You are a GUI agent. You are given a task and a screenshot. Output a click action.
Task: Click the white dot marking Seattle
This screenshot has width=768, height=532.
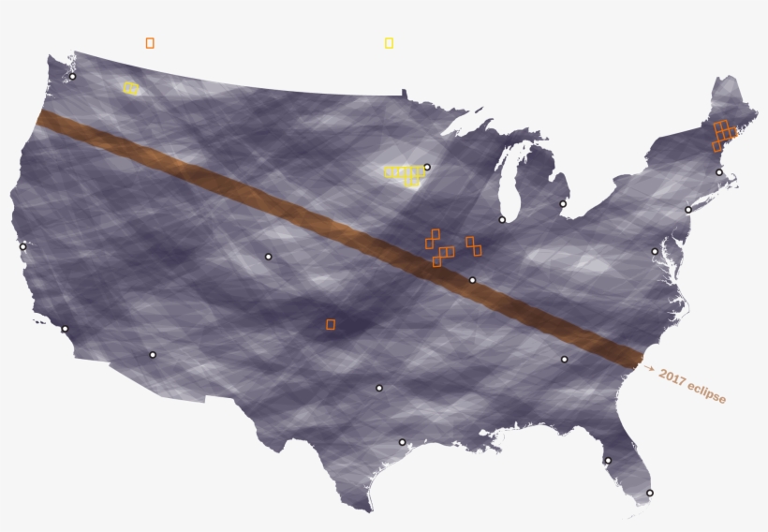point(72,77)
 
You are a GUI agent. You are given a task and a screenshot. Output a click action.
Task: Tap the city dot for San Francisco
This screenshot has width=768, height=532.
point(23,247)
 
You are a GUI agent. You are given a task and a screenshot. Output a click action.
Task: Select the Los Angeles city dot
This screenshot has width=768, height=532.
point(65,329)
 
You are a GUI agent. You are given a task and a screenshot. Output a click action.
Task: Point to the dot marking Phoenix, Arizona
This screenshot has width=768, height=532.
point(153,355)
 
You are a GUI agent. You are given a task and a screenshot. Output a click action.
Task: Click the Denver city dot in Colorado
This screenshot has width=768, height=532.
point(268,257)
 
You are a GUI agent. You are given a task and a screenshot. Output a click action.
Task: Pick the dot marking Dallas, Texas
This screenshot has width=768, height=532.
point(379,388)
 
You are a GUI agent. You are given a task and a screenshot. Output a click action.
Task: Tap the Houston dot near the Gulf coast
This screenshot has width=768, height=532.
point(402,442)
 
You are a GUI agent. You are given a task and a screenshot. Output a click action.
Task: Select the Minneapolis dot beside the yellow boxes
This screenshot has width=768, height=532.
point(427,168)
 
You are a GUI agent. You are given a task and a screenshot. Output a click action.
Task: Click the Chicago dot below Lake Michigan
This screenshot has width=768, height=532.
point(502,220)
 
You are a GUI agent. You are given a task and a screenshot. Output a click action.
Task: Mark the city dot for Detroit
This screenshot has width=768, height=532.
point(563,204)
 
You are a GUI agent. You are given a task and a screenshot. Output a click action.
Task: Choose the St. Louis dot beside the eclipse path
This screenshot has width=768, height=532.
point(472,280)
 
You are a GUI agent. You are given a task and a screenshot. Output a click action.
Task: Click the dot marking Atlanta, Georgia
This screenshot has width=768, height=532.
point(564,359)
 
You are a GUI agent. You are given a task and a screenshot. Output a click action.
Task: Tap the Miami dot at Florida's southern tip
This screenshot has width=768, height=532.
point(650,493)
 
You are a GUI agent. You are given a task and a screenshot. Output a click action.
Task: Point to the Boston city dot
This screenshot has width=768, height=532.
point(719,172)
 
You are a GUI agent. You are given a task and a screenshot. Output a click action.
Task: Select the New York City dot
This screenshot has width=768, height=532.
point(688,210)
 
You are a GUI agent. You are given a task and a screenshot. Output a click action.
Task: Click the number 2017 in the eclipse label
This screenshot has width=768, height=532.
point(672,377)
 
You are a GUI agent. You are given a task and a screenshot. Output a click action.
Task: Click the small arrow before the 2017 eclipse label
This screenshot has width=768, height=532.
point(649,369)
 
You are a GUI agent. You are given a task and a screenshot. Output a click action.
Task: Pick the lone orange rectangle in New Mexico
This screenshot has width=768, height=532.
point(331,324)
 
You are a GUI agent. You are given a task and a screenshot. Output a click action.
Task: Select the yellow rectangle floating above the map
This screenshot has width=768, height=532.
point(389,43)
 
